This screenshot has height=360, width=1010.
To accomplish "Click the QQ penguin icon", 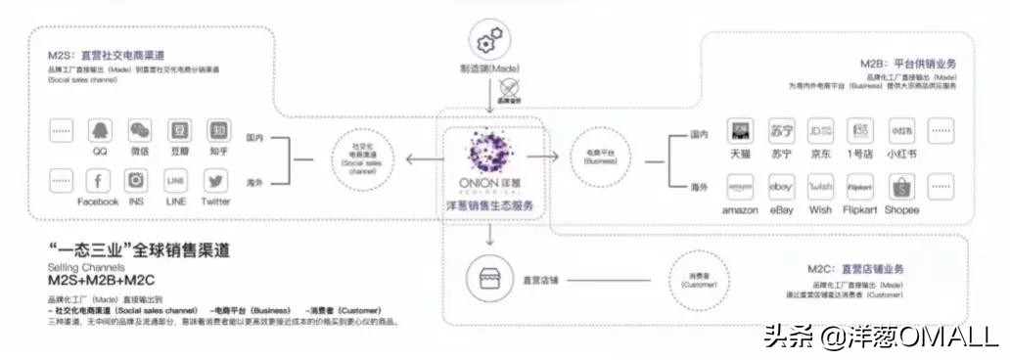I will click(100, 131).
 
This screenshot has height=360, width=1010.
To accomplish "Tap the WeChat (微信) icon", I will click(140, 131).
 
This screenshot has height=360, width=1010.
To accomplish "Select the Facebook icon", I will click(98, 181).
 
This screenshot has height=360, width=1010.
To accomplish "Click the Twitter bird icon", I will click(215, 181).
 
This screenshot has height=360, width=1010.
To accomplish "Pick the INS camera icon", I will click(136, 181).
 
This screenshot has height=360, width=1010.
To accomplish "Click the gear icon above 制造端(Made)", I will click(488, 43).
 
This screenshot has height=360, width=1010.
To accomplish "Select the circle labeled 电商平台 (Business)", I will click(600, 157).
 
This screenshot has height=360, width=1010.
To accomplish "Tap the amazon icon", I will click(741, 187).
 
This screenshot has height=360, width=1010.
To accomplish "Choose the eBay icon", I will click(782, 187).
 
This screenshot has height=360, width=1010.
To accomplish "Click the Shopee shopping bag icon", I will click(900, 187).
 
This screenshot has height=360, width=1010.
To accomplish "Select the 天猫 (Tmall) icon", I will click(741, 130).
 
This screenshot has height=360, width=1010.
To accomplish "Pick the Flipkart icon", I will click(860, 187).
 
